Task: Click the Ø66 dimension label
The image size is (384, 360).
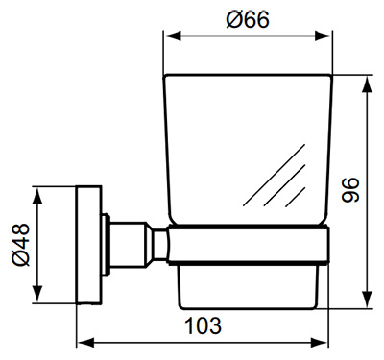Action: pos(248,19)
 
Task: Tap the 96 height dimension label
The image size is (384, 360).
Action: pos(350,190)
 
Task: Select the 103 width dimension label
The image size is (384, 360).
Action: pos(204,325)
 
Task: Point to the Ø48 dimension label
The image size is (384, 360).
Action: pos(20,245)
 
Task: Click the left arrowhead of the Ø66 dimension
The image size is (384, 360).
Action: pos(173,36)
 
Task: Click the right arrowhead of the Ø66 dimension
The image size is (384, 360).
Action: pos(324,36)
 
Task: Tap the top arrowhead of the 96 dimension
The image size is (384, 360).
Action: pos(368,84)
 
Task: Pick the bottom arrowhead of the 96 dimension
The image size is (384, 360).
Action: pos(368,300)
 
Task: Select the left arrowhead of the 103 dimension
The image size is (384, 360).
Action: pos(85,343)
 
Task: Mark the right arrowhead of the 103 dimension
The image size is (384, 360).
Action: pos(319,343)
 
